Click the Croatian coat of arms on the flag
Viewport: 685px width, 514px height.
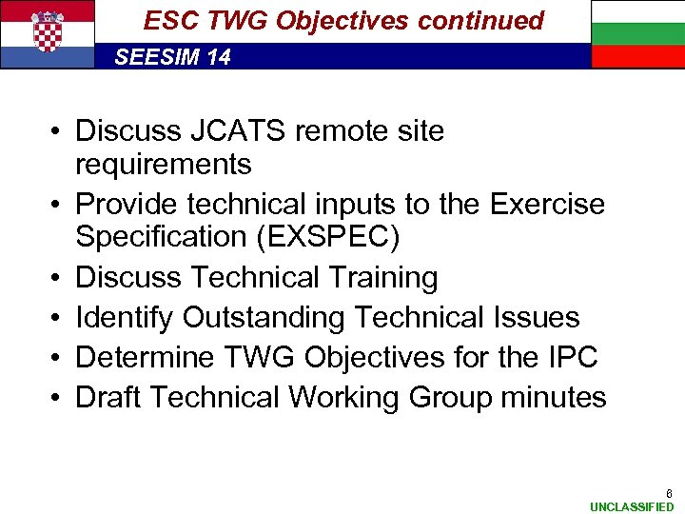pyautogui.click(x=47, y=30)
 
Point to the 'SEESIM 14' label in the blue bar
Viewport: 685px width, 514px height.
pyautogui.click(x=172, y=57)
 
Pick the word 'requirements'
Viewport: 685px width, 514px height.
pyautogui.click(x=163, y=165)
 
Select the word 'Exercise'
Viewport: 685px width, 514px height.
pyautogui.click(x=547, y=204)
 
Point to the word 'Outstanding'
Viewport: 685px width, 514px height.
pyautogui.click(x=267, y=317)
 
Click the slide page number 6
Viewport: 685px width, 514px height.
pyautogui.click(x=669, y=493)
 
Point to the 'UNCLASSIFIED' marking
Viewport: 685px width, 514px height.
pyautogui.click(x=631, y=507)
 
